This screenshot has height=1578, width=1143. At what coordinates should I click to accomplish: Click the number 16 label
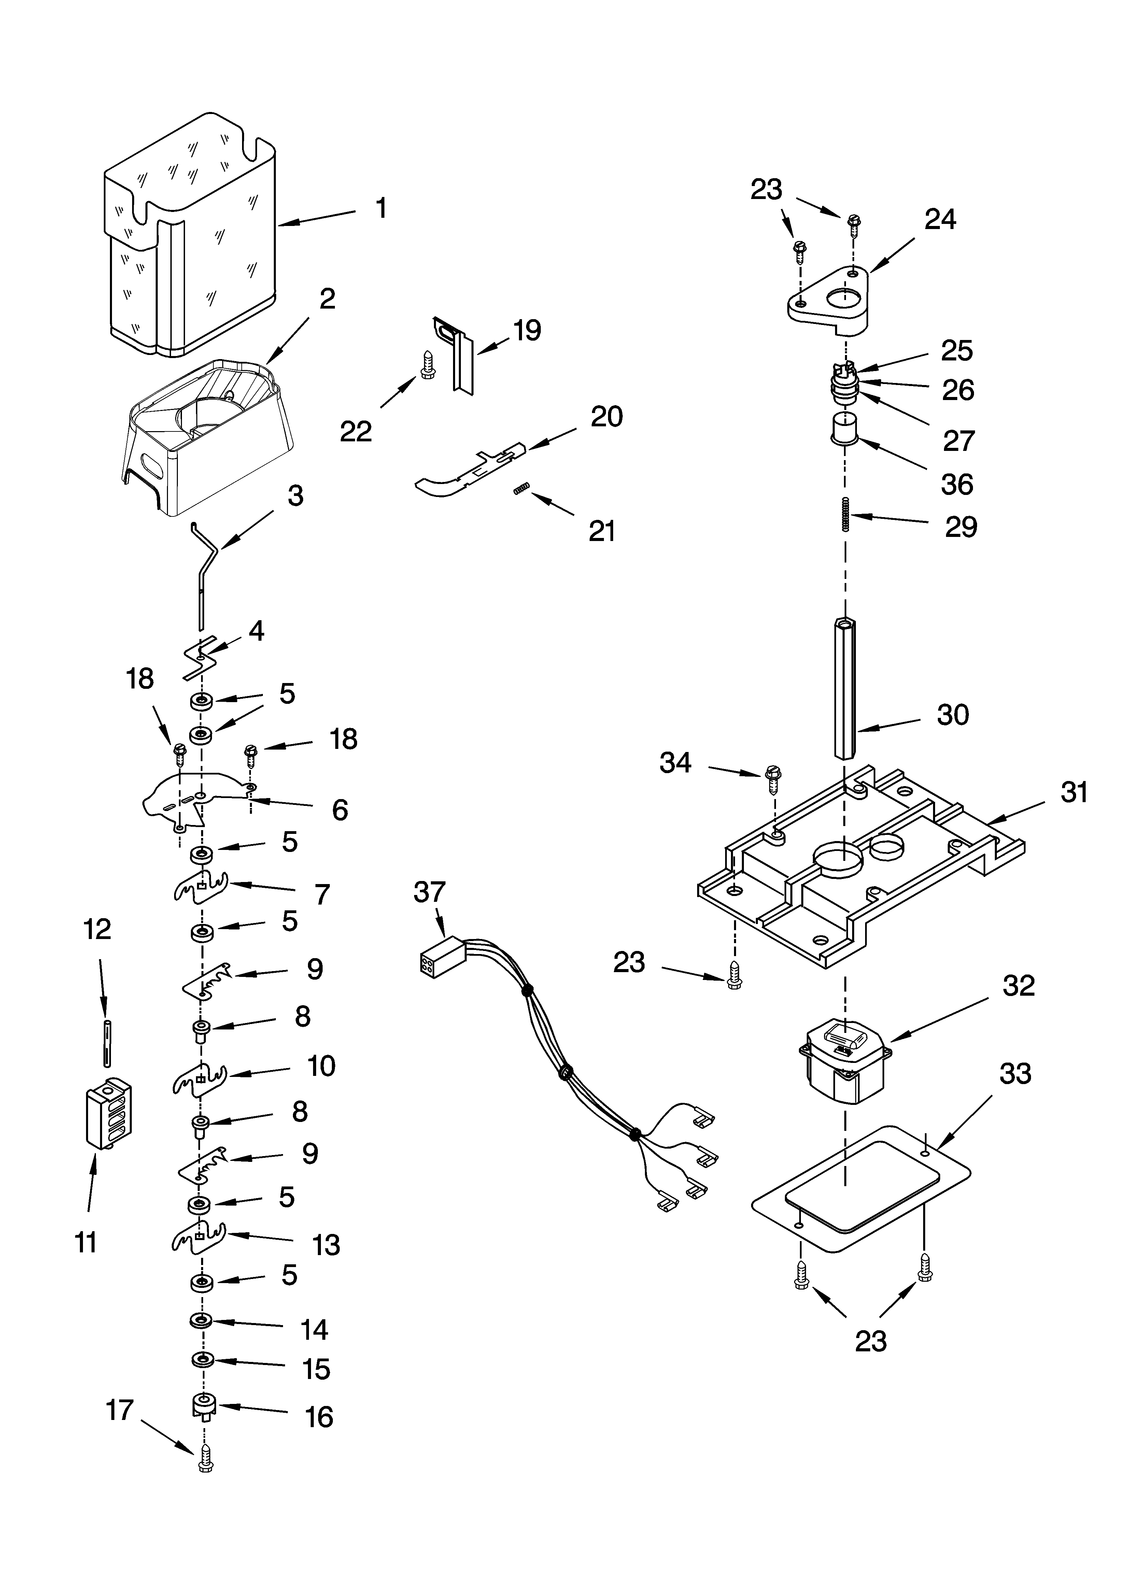tap(320, 1417)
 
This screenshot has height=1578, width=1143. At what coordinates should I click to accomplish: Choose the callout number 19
tap(527, 330)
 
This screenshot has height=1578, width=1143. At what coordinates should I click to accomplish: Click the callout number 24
tap(940, 220)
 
